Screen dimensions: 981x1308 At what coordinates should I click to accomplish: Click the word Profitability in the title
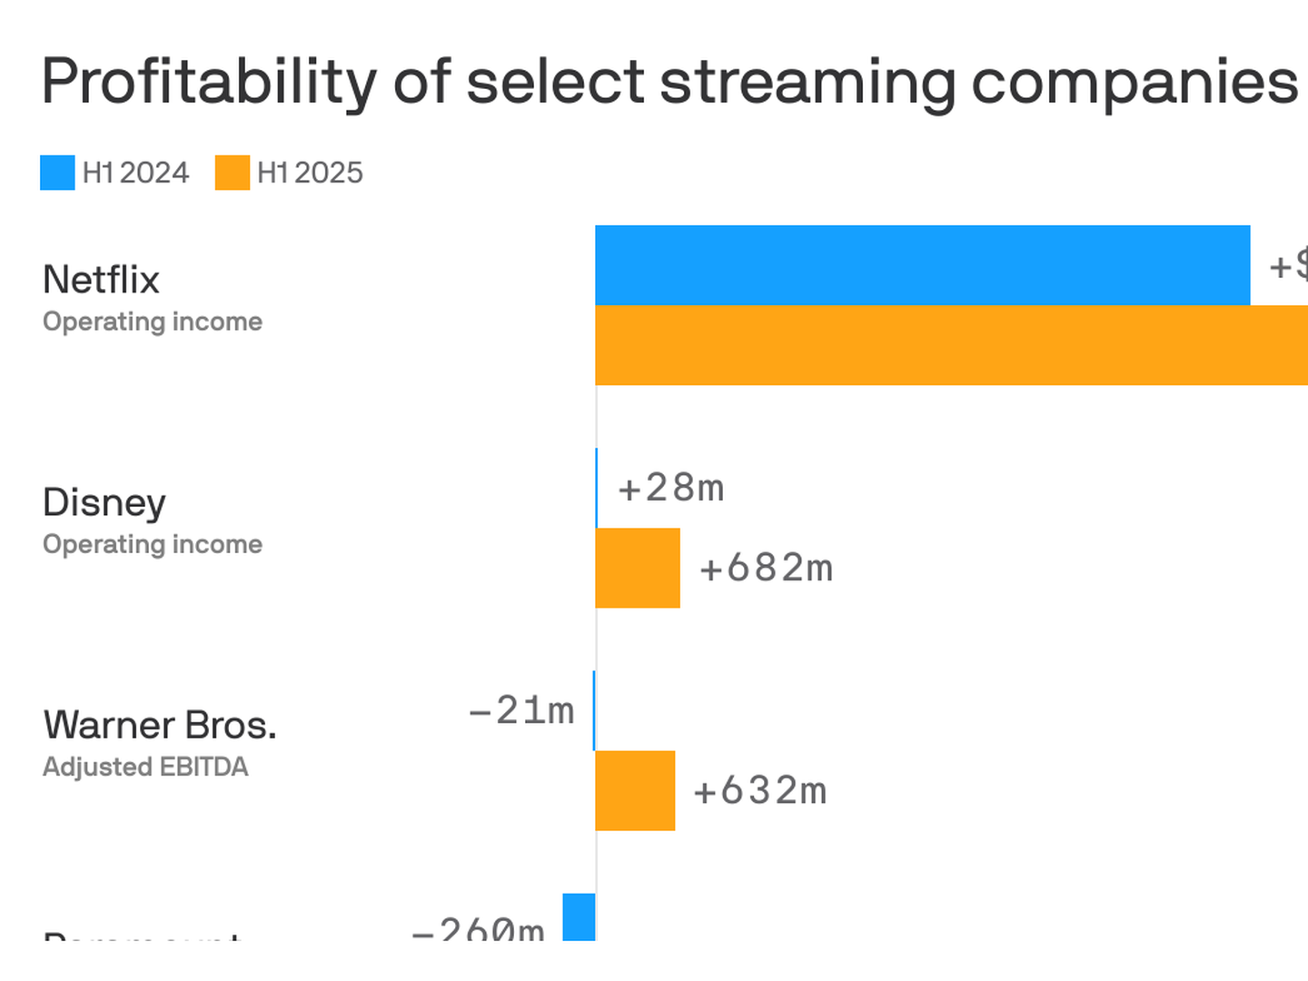tap(208, 82)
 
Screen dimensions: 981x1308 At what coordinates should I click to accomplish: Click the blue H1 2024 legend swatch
tap(57, 173)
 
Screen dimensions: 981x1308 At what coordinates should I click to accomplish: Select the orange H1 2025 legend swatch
tap(233, 173)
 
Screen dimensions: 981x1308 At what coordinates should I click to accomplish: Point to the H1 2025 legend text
tap(310, 173)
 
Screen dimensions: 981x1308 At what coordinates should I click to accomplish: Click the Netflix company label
tap(101, 280)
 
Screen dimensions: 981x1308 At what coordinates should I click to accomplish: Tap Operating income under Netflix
tap(153, 322)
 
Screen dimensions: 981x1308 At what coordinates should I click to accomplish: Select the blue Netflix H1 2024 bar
tap(922, 265)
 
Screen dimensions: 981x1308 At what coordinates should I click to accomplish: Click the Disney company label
tap(104, 502)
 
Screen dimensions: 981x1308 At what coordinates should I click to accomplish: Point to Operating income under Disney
tap(153, 544)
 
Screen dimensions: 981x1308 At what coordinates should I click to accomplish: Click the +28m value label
tap(671, 489)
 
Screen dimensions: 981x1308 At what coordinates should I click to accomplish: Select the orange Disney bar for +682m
tap(638, 568)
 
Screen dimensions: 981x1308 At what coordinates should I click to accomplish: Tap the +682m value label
tap(767, 569)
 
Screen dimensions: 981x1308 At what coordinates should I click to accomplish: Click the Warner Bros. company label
tap(160, 725)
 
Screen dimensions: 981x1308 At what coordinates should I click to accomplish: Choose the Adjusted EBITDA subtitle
tap(145, 767)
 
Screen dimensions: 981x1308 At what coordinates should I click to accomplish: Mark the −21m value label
tap(521, 710)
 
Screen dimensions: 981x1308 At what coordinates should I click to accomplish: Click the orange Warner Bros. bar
tap(635, 790)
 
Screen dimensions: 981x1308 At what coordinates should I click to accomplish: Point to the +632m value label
tap(760, 791)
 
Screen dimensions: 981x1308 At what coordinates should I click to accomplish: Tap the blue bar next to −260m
tap(579, 917)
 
